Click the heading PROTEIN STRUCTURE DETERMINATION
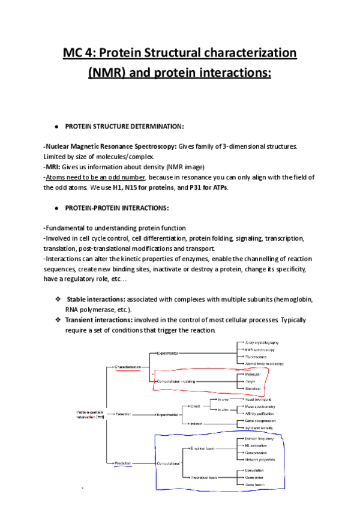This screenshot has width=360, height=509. point(124,126)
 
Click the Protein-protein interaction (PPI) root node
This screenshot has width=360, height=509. point(90,414)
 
